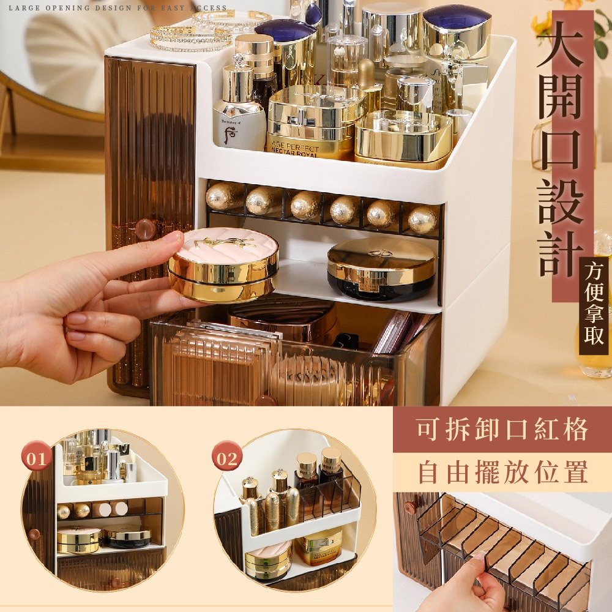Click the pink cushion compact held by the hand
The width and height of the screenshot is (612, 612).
coord(223,264)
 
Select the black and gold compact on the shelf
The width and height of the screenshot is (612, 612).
coord(381,269)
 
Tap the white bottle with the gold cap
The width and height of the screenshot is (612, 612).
coord(239,105)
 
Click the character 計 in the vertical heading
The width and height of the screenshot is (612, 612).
coord(560,253)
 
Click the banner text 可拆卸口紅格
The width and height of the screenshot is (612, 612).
coord(502,430)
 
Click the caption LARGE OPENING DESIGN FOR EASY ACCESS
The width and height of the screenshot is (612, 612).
coord(118,7)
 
